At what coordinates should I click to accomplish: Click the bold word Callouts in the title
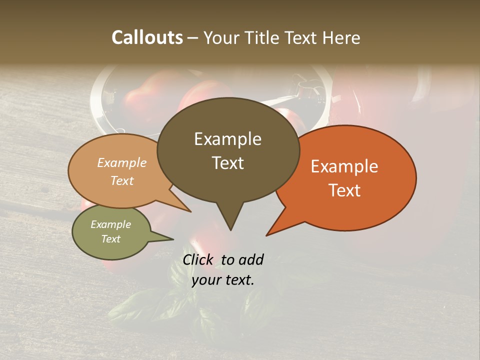pos(147,37)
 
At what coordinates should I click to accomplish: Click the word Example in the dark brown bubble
pos(227,139)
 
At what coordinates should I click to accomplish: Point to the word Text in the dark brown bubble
pos(227,163)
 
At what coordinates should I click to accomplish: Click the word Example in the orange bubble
pos(344,166)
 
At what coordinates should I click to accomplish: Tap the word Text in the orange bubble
pos(344,190)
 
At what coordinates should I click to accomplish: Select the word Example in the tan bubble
pos(122,163)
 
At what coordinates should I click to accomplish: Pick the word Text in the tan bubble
pos(122,180)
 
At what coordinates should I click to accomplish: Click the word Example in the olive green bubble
pos(111,224)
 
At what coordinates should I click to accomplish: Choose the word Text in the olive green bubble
pos(111,239)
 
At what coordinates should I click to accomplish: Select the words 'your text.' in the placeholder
pos(223,280)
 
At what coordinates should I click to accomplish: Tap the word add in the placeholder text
pos(251,259)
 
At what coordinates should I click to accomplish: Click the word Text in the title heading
pos(303,37)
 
